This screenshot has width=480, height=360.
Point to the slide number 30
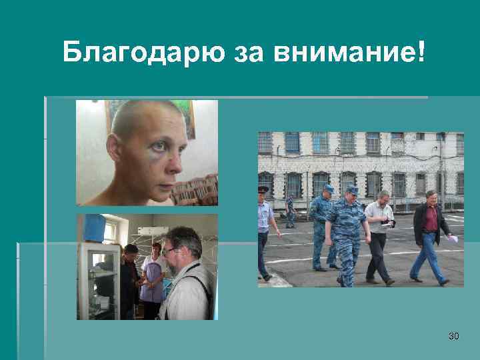[x=453, y=336]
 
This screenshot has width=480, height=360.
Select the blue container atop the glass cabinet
[x=93, y=228]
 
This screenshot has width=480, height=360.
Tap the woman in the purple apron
[x=152, y=280]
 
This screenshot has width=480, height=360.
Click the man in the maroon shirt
[x=428, y=233]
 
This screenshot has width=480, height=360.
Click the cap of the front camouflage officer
[x=351, y=190]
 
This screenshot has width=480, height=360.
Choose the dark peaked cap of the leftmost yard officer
[x=263, y=189]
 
